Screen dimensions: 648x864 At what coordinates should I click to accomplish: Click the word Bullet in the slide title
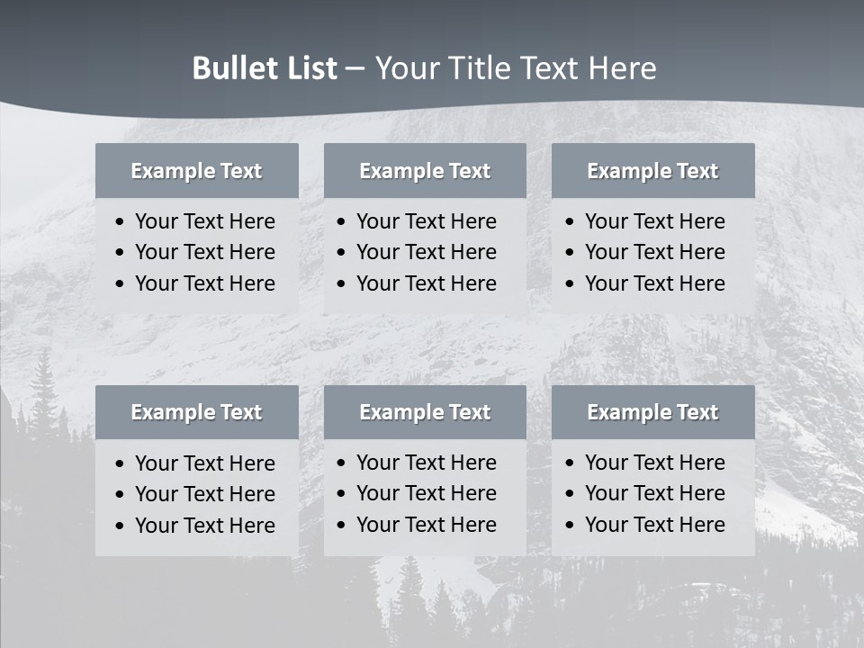pos(231,68)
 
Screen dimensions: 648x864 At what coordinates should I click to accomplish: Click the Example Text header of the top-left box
pos(196,171)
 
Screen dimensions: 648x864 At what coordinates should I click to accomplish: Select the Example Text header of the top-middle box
pos(425,171)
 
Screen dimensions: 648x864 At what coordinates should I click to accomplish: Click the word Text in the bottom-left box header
pos(241,412)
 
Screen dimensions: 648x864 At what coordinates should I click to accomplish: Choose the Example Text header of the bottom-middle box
pos(425,412)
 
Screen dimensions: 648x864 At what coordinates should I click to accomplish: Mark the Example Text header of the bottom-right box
pos(652,412)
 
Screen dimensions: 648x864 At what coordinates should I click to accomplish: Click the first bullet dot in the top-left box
pos(121,222)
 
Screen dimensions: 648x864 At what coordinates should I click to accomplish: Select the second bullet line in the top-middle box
pos(426,252)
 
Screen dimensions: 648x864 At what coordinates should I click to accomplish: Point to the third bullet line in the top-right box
pos(654,283)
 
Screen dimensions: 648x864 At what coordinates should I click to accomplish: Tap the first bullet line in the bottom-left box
pos(204,463)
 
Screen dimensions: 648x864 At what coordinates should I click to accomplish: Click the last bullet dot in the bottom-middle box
pos(342,526)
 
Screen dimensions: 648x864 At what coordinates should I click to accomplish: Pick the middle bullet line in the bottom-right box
pos(654,493)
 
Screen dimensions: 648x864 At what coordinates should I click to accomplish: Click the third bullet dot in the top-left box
pos(121,284)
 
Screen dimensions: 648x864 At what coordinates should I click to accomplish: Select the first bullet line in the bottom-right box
pos(654,463)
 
